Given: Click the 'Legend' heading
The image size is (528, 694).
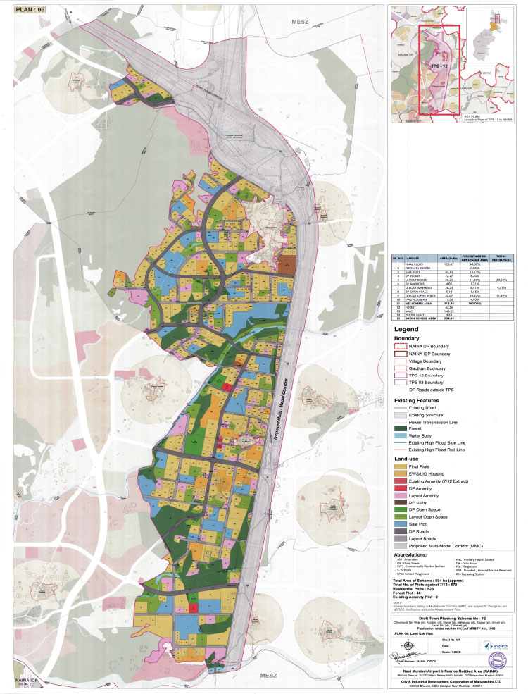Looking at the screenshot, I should (408, 329).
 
